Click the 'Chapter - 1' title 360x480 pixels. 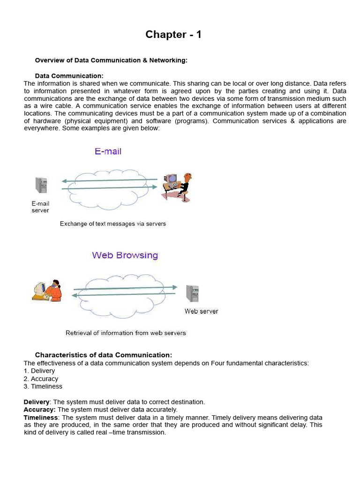pyautogui.click(x=173, y=34)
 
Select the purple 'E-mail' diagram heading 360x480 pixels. pyautogui.click(x=108, y=151)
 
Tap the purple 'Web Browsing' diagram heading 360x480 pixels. pyautogui.click(x=125, y=255)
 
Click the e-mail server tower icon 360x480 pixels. pyautogui.click(x=41, y=185)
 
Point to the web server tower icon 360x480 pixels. pyautogui.click(x=192, y=293)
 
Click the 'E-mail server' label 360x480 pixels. pyautogui.click(x=40, y=207)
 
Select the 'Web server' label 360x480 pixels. pyautogui.click(x=201, y=311)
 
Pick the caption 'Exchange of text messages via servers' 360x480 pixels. pyautogui.click(x=112, y=224)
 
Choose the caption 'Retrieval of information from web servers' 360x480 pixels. pyautogui.click(x=126, y=333)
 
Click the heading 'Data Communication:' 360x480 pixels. pyautogui.click(x=69, y=76)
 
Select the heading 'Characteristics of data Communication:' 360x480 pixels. pyautogui.click(x=104, y=355)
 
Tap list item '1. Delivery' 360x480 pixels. pyautogui.click(x=39, y=371)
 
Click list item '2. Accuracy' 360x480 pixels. pyautogui.click(x=41, y=379)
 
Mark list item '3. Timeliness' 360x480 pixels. pyautogui.click(x=43, y=386)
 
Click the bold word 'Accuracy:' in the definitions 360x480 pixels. pyautogui.click(x=39, y=410)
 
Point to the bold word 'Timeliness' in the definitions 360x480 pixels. pyautogui.click(x=41, y=417)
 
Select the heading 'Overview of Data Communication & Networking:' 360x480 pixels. pyautogui.click(x=111, y=60)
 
